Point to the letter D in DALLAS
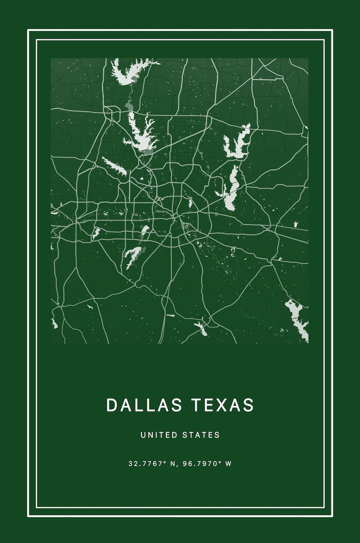[111, 405]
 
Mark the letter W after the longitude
[228, 464]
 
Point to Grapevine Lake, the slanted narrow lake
[115, 166]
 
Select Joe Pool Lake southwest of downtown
[133, 257]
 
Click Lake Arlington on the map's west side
[96, 233]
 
